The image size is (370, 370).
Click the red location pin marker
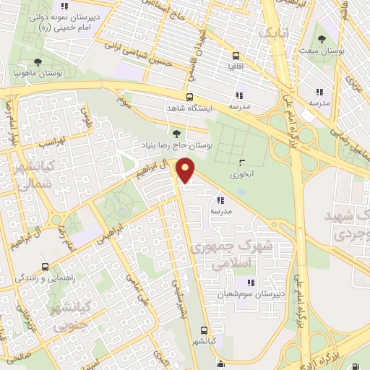click(x=186, y=171)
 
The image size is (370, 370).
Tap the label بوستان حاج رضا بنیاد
click(x=178, y=146)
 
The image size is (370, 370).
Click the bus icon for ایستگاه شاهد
click(x=189, y=97)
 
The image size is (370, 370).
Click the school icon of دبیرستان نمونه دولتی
click(x=65, y=7)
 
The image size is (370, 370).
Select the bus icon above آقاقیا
click(x=236, y=55)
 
